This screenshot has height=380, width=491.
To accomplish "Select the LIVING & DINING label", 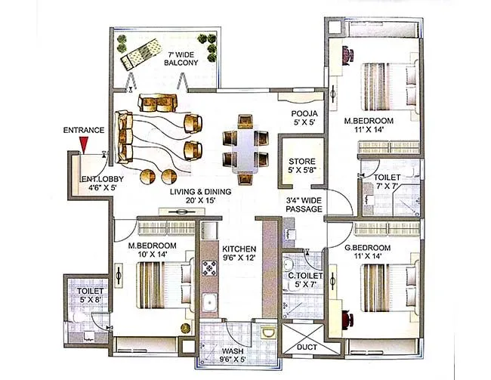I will tap(200, 196).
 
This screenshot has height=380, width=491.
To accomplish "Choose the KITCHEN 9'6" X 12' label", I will tap(239, 254).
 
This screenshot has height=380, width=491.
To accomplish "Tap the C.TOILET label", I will tap(305, 281).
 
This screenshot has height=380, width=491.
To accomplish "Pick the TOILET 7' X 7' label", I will tap(388, 181).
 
